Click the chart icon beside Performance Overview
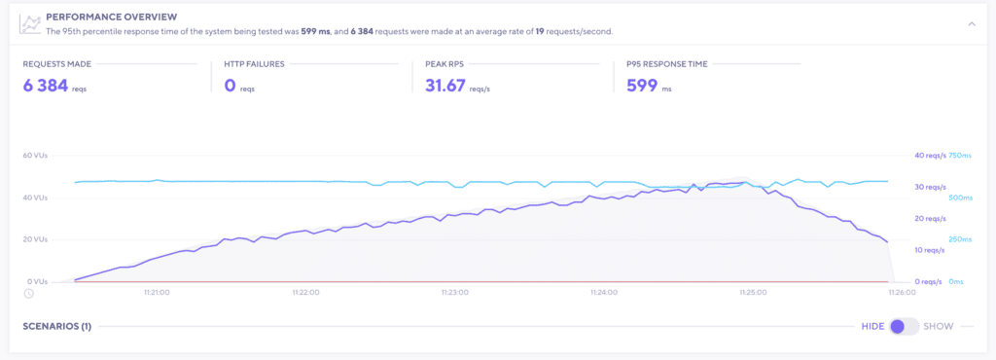(x=31, y=23)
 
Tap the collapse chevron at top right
(x=970, y=24)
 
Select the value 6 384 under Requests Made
(x=45, y=86)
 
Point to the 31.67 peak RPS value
(x=445, y=86)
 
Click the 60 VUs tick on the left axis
(x=34, y=156)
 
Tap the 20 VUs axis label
(x=34, y=239)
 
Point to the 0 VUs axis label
(x=36, y=282)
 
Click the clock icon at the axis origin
(x=29, y=293)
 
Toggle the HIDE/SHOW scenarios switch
(x=904, y=327)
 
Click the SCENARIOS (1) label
(x=56, y=327)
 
